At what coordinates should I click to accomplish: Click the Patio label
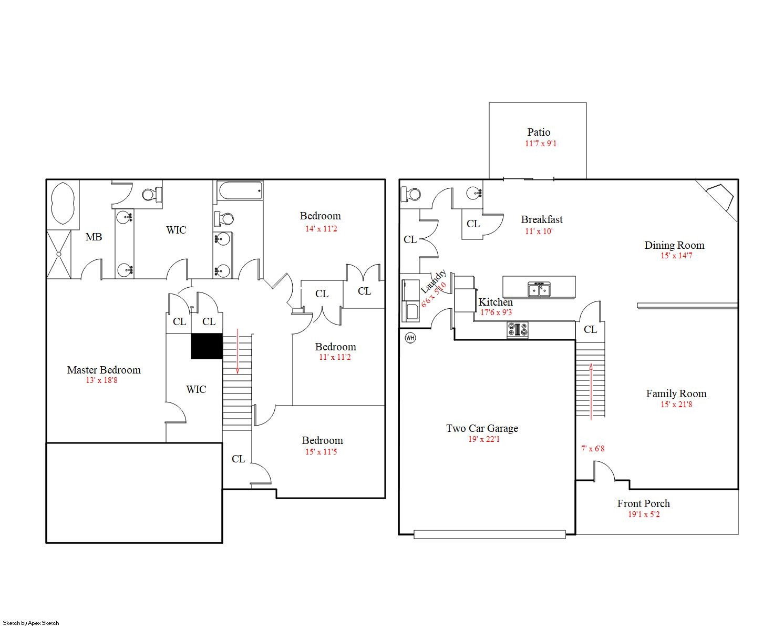pyautogui.click(x=539, y=132)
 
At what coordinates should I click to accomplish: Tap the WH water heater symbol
pyautogui.click(x=410, y=338)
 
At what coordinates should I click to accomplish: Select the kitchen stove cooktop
pyautogui.click(x=517, y=330)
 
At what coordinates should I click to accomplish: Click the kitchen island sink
pyautogui.click(x=539, y=289)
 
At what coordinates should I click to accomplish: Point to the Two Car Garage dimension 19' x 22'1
pyautogui.click(x=484, y=439)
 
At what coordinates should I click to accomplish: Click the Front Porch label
pyautogui.click(x=643, y=503)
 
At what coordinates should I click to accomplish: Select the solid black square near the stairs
pyautogui.click(x=207, y=346)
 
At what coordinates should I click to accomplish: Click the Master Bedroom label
pyautogui.click(x=104, y=370)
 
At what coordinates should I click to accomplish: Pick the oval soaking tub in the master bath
pyautogui.click(x=63, y=203)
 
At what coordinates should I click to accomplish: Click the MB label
pyautogui.click(x=94, y=237)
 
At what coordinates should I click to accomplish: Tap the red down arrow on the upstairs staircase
pyautogui.click(x=238, y=351)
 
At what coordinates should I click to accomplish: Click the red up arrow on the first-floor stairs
pyautogui.click(x=591, y=391)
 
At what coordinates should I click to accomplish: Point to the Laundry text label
pyautogui.click(x=434, y=281)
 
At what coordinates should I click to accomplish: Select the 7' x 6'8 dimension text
pyautogui.click(x=593, y=448)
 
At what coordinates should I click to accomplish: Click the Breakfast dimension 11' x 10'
pyautogui.click(x=539, y=231)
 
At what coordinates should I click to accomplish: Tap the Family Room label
pyautogui.click(x=676, y=393)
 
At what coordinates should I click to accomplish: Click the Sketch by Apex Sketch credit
pyautogui.click(x=31, y=623)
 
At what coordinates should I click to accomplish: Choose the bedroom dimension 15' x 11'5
pyautogui.click(x=321, y=452)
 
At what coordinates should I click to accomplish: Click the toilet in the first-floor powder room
pyautogui.click(x=410, y=194)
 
